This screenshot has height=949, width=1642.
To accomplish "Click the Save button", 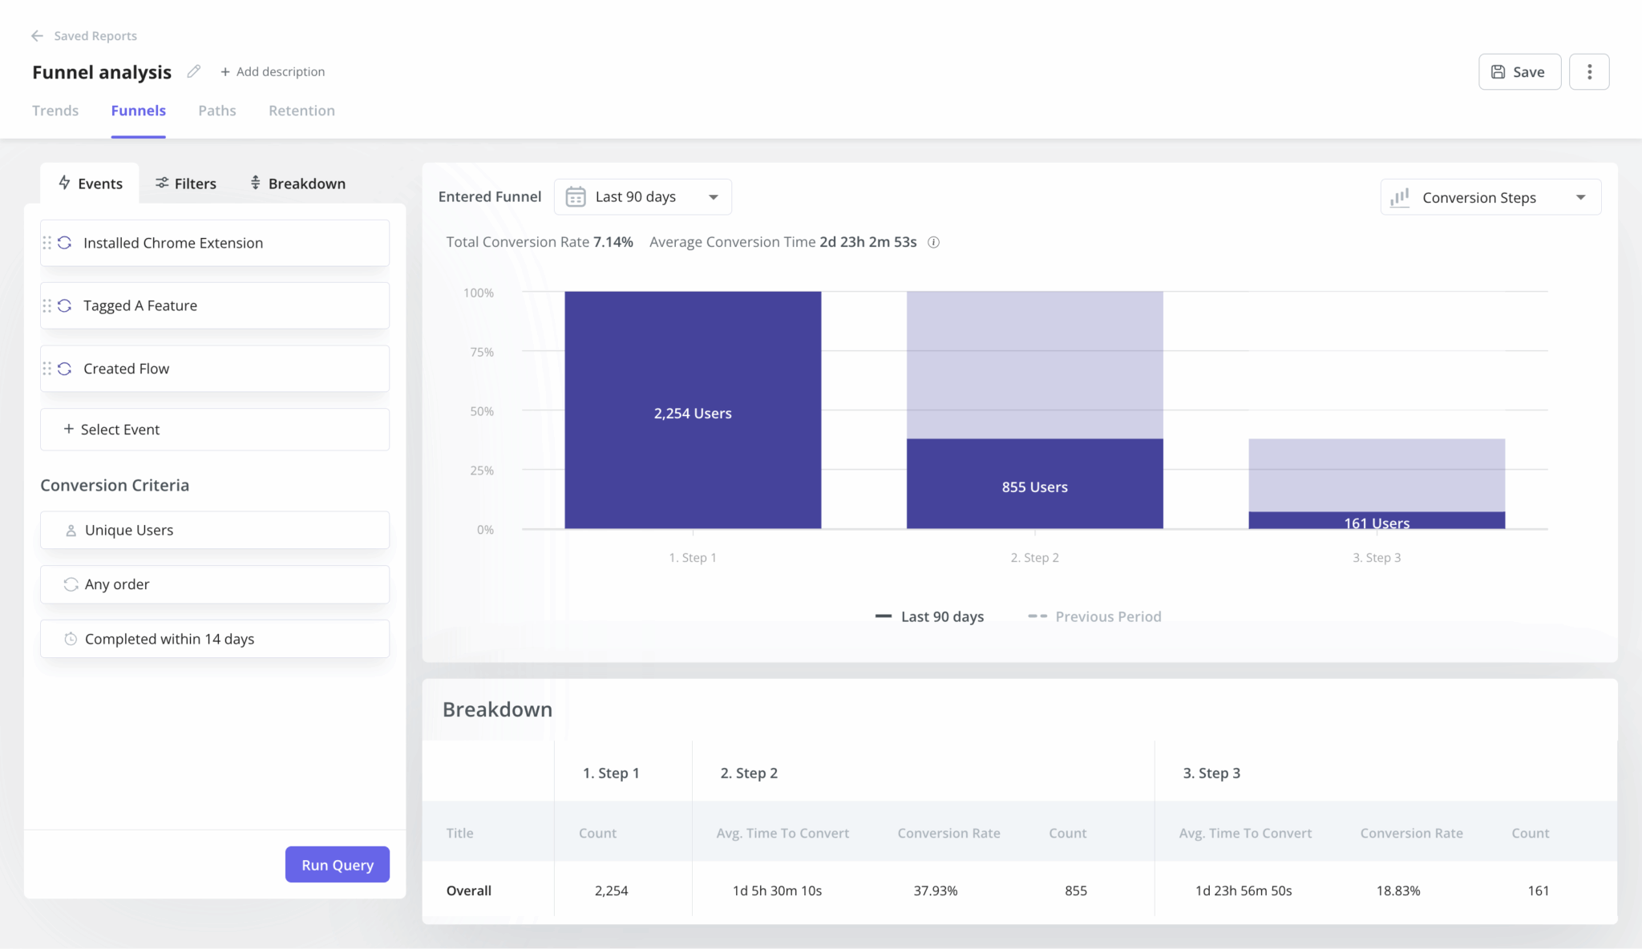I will pos(1519,72).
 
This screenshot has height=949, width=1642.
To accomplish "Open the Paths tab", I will pos(217,111).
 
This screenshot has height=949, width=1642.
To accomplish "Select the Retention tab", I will pos(301,111).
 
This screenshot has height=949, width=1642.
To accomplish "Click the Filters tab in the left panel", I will pos(186,184).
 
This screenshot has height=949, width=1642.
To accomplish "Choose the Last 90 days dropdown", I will pos(642,197).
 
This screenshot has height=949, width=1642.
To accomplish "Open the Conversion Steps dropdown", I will pos(1490,198).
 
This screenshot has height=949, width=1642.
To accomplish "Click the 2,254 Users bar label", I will pos(693,414).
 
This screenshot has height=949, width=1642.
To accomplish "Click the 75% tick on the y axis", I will pos(482,352).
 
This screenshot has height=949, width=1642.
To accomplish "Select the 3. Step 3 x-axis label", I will pos(1377,558).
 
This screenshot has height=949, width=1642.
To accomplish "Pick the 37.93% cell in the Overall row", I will pos(936,890).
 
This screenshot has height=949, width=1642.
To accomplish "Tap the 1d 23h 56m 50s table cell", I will pos(1244,890).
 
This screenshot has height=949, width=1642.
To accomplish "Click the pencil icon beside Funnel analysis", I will pos(194,71).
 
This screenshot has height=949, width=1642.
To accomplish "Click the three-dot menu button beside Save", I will pos(1589,72).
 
